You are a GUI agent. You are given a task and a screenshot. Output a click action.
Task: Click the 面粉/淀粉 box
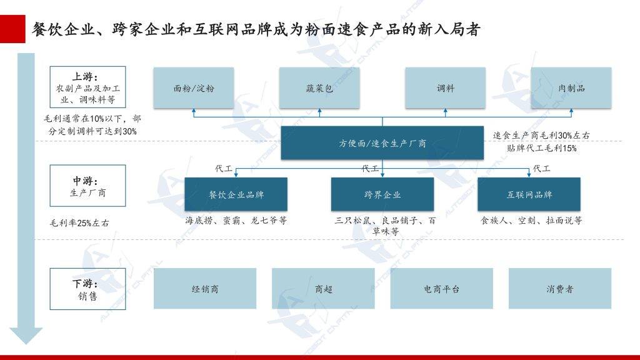[x=194, y=88]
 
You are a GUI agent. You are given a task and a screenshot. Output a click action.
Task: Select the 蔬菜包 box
[x=319, y=88]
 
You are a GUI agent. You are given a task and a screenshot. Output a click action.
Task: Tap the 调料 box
[x=445, y=88]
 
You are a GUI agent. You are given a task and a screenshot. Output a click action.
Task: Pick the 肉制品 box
[x=571, y=88]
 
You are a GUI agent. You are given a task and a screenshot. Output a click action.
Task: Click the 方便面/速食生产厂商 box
[x=382, y=143]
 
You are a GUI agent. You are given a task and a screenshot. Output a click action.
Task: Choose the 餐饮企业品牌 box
[x=236, y=194]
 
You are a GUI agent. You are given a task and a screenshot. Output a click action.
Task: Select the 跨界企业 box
[x=382, y=194]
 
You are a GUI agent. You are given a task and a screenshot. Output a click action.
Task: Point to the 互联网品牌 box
[x=529, y=194]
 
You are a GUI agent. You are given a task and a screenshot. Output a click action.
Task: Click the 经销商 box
[x=205, y=289]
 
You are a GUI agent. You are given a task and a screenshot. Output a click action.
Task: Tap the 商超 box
[x=323, y=289]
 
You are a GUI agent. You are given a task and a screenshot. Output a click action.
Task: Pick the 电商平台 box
[x=442, y=289]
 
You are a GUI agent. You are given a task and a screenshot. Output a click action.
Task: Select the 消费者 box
[x=560, y=289]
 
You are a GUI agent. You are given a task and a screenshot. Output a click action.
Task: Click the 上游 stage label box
[x=87, y=87]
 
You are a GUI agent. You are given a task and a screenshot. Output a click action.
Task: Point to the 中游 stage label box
[x=87, y=186]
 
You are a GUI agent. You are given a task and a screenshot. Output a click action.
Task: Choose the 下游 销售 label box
[x=87, y=289]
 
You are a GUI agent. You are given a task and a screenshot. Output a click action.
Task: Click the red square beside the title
[x=12, y=29]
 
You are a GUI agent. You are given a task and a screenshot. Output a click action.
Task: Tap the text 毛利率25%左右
[x=79, y=223]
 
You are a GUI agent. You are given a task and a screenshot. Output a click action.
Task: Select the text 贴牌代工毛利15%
[x=542, y=147]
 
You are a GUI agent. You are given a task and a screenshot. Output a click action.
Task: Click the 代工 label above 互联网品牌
[x=542, y=168]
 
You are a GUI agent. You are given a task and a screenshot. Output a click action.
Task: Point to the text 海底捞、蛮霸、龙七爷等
[x=236, y=221]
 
